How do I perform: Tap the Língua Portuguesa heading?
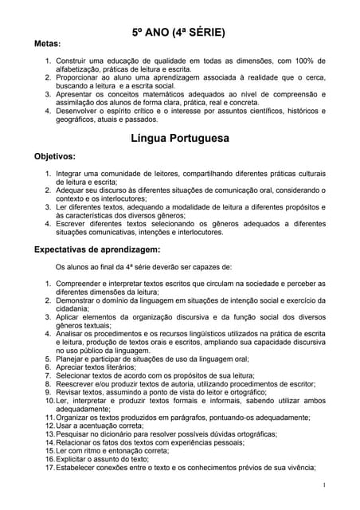[179, 138]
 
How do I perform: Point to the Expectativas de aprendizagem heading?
[97, 249]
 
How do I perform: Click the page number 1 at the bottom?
[324, 484]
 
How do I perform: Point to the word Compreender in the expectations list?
[84, 284]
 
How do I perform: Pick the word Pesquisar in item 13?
[77, 434]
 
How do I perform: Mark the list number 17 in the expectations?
[49, 469]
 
